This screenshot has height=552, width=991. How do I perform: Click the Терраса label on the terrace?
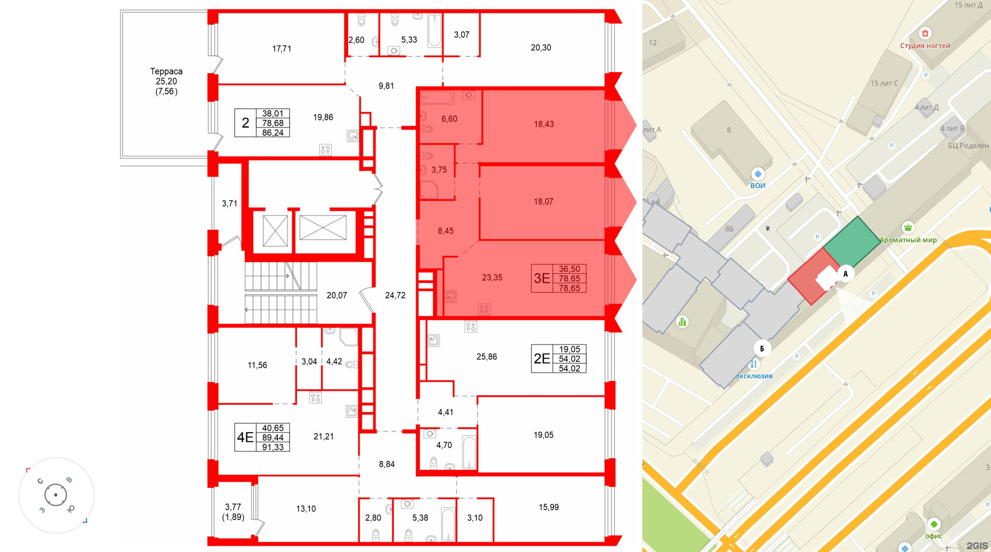pyautogui.click(x=166, y=71)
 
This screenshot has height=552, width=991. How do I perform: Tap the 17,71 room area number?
pyautogui.click(x=282, y=49)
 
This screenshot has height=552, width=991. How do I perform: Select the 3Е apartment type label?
pyautogui.click(x=542, y=278)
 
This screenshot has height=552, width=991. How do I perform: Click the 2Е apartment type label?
pyautogui.click(x=542, y=358)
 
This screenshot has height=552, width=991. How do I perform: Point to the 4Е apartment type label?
pyautogui.click(x=245, y=437)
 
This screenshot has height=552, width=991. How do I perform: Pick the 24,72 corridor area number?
pyautogui.click(x=395, y=295)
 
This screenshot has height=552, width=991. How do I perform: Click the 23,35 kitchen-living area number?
pyautogui.click(x=492, y=278)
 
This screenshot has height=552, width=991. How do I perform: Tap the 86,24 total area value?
pyautogui.click(x=273, y=133)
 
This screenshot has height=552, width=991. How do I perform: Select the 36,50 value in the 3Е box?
pyautogui.click(x=569, y=269)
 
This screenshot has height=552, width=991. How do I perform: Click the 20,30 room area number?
pyautogui.click(x=541, y=47)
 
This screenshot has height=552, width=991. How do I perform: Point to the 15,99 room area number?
pyautogui.click(x=549, y=507)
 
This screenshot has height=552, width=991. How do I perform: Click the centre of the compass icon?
pyautogui.click(x=56, y=495)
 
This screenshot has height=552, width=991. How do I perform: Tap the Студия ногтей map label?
pyautogui.click(x=925, y=46)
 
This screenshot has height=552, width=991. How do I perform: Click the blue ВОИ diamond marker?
pyautogui.click(x=758, y=174)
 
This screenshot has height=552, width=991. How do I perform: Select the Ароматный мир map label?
pyautogui.click(x=908, y=240)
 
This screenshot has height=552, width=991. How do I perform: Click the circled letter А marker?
pyautogui.click(x=845, y=274)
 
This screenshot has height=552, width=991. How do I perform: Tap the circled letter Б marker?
pyautogui.click(x=762, y=349)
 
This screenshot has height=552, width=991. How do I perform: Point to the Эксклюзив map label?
pyautogui.click(x=754, y=376)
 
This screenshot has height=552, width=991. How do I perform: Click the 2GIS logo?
pyautogui.click(x=977, y=545)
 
